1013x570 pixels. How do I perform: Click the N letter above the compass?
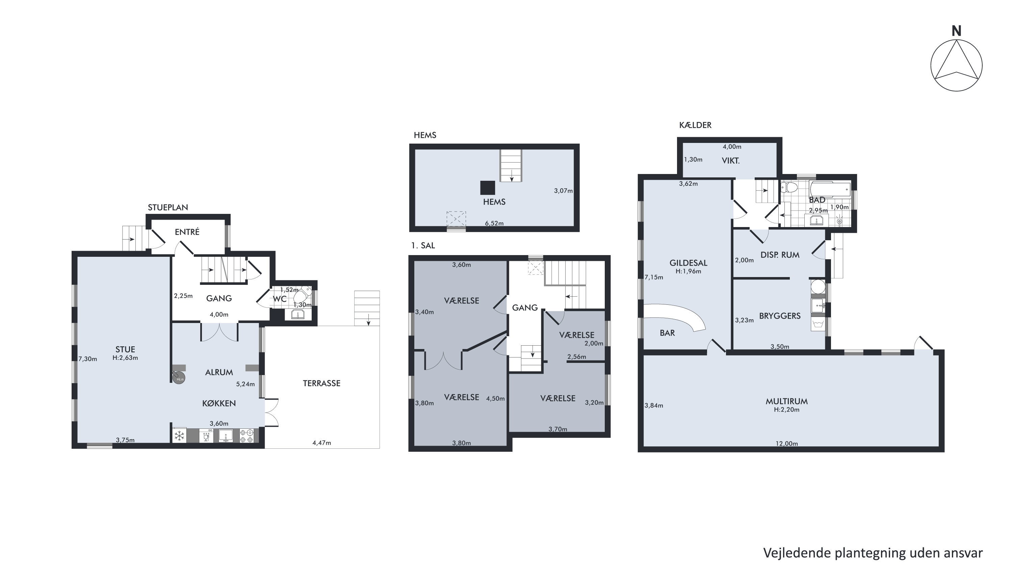956,31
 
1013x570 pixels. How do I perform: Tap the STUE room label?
125,349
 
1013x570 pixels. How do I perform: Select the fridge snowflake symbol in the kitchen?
179,436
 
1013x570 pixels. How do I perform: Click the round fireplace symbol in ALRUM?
179,378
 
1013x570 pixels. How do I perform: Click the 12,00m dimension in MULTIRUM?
786,444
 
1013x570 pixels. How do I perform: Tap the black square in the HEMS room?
488,188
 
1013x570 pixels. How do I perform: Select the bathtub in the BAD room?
830,190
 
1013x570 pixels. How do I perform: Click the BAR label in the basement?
667,333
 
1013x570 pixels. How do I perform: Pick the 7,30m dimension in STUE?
88,359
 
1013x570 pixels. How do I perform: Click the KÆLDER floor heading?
695,125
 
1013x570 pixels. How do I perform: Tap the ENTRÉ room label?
187,232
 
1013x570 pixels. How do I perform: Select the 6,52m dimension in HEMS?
494,223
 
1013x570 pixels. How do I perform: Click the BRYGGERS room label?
780,316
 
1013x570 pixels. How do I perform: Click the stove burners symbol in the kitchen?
247,436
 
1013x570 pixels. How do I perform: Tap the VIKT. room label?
731,160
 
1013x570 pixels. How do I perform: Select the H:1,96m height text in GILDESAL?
688,271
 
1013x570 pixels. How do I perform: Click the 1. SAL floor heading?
423,245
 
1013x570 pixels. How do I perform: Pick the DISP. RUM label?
780,255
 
